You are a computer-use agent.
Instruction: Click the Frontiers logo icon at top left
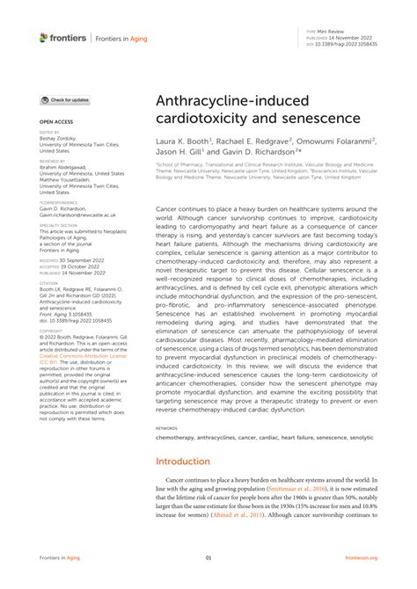click(44, 37)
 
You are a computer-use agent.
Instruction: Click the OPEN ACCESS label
click(55, 121)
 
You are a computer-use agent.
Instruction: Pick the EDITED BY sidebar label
click(50, 132)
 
